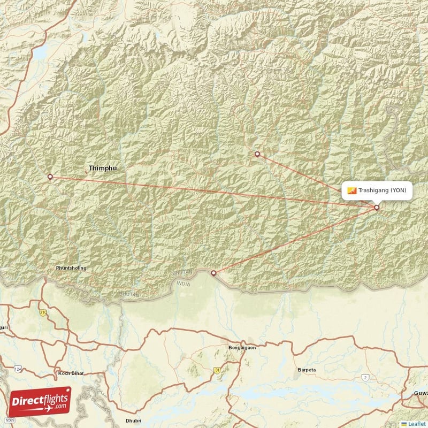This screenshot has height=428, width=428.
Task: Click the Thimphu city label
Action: (103, 168)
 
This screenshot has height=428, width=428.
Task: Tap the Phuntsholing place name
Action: (71, 267)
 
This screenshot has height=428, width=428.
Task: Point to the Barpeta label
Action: (307, 370)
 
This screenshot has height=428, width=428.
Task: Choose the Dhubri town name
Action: (133, 421)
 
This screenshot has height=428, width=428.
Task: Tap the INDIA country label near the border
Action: (183, 285)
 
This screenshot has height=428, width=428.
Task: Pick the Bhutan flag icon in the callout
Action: (351, 190)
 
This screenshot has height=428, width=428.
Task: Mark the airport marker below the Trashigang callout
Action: (377, 208)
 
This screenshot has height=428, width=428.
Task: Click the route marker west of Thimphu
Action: (50, 177)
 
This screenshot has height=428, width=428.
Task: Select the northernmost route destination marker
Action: (257, 154)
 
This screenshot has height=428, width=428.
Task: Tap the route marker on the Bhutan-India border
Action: (214, 273)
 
